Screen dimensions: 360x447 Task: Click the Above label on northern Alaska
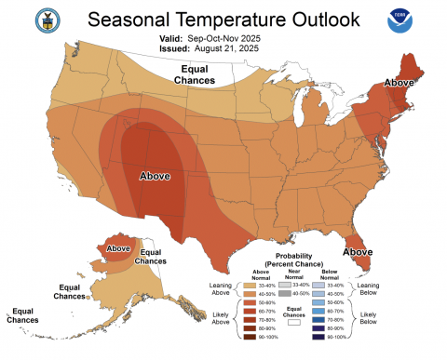(117, 248)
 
